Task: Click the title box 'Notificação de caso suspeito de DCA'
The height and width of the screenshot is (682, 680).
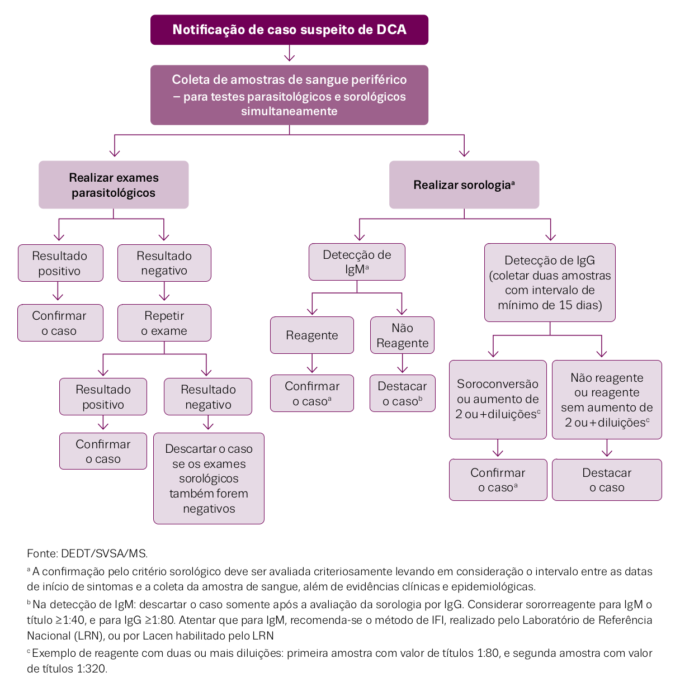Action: (289, 30)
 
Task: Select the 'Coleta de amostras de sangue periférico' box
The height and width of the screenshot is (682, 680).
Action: (289, 95)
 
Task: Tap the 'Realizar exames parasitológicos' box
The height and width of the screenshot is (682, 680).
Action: (114, 184)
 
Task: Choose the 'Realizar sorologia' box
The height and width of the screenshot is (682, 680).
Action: (464, 184)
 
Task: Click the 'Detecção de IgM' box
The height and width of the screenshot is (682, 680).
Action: (357, 262)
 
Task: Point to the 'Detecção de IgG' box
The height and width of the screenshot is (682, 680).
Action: (550, 282)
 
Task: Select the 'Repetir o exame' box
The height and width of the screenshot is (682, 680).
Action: (164, 323)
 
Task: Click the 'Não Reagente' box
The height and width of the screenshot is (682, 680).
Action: (402, 335)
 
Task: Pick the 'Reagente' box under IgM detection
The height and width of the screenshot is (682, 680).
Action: (311, 335)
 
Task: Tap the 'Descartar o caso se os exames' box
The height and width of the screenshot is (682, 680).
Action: (209, 478)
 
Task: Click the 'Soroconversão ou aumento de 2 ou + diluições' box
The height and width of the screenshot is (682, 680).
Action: (498, 400)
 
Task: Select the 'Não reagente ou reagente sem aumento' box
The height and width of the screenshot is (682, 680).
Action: (607, 400)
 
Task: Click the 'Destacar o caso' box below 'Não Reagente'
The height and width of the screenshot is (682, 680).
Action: (402, 393)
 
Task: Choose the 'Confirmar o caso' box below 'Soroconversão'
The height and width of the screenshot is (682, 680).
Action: (498, 480)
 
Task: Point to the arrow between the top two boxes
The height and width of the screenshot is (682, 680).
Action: (289, 53)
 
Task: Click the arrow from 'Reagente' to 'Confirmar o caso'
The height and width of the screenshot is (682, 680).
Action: (312, 363)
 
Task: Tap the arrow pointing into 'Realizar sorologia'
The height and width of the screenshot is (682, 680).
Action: (464, 145)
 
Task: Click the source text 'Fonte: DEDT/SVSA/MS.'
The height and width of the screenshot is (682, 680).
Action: (87, 553)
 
